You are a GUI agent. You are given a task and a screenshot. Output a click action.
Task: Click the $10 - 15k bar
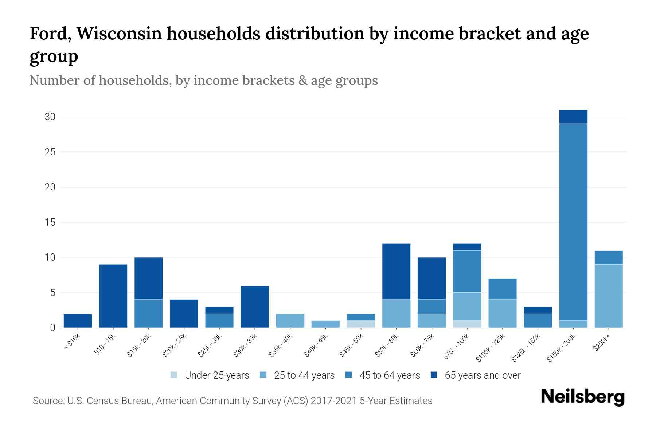tap(113, 296)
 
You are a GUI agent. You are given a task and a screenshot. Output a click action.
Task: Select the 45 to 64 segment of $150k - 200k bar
tap(573, 222)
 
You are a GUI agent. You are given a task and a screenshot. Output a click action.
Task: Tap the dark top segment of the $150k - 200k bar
tap(573, 117)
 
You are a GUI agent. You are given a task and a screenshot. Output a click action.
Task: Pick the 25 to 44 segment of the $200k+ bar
tap(608, 296)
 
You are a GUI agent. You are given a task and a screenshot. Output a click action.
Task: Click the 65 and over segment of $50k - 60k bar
tap(396, 271)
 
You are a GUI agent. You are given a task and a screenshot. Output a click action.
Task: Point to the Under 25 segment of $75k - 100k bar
tap(467, 324)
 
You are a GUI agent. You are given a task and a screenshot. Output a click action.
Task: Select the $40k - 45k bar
tap(325, 324)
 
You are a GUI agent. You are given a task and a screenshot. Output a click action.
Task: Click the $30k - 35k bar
tap(255, 307)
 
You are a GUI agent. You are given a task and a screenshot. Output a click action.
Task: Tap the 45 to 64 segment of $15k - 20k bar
tap(148, 314)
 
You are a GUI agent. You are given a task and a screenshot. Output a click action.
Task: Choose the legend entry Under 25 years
tap(217, 375)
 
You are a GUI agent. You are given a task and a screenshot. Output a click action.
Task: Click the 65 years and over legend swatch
tap(434, 375)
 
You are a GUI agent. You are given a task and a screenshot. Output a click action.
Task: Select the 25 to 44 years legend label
tap(304, 375)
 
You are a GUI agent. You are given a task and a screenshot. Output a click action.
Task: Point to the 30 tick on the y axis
tap(50, 117)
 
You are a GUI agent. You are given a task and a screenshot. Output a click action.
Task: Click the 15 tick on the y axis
tap(50, 222)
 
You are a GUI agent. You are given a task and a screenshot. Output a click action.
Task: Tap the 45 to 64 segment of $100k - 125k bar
tap(502, 289)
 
